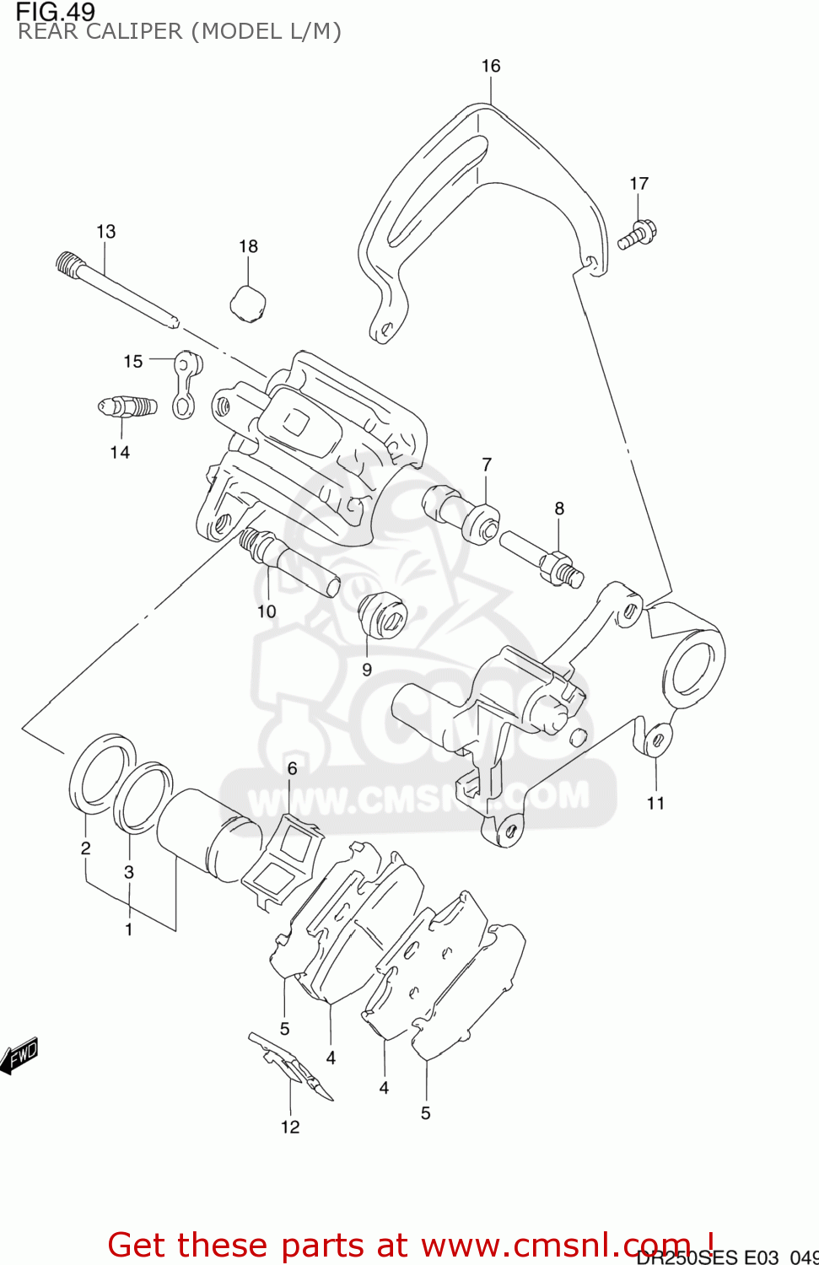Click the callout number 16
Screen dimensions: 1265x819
(490, 66)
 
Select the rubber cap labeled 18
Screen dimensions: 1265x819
(248, 304)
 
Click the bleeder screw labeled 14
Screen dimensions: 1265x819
(127, 408)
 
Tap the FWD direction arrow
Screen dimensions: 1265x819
(19, 1055)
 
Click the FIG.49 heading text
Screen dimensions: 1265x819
(56, 12)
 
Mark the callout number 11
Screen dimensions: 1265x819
(655, 803)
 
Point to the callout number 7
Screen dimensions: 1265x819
(487, 465)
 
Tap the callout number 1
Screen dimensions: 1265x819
(129, 929)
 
